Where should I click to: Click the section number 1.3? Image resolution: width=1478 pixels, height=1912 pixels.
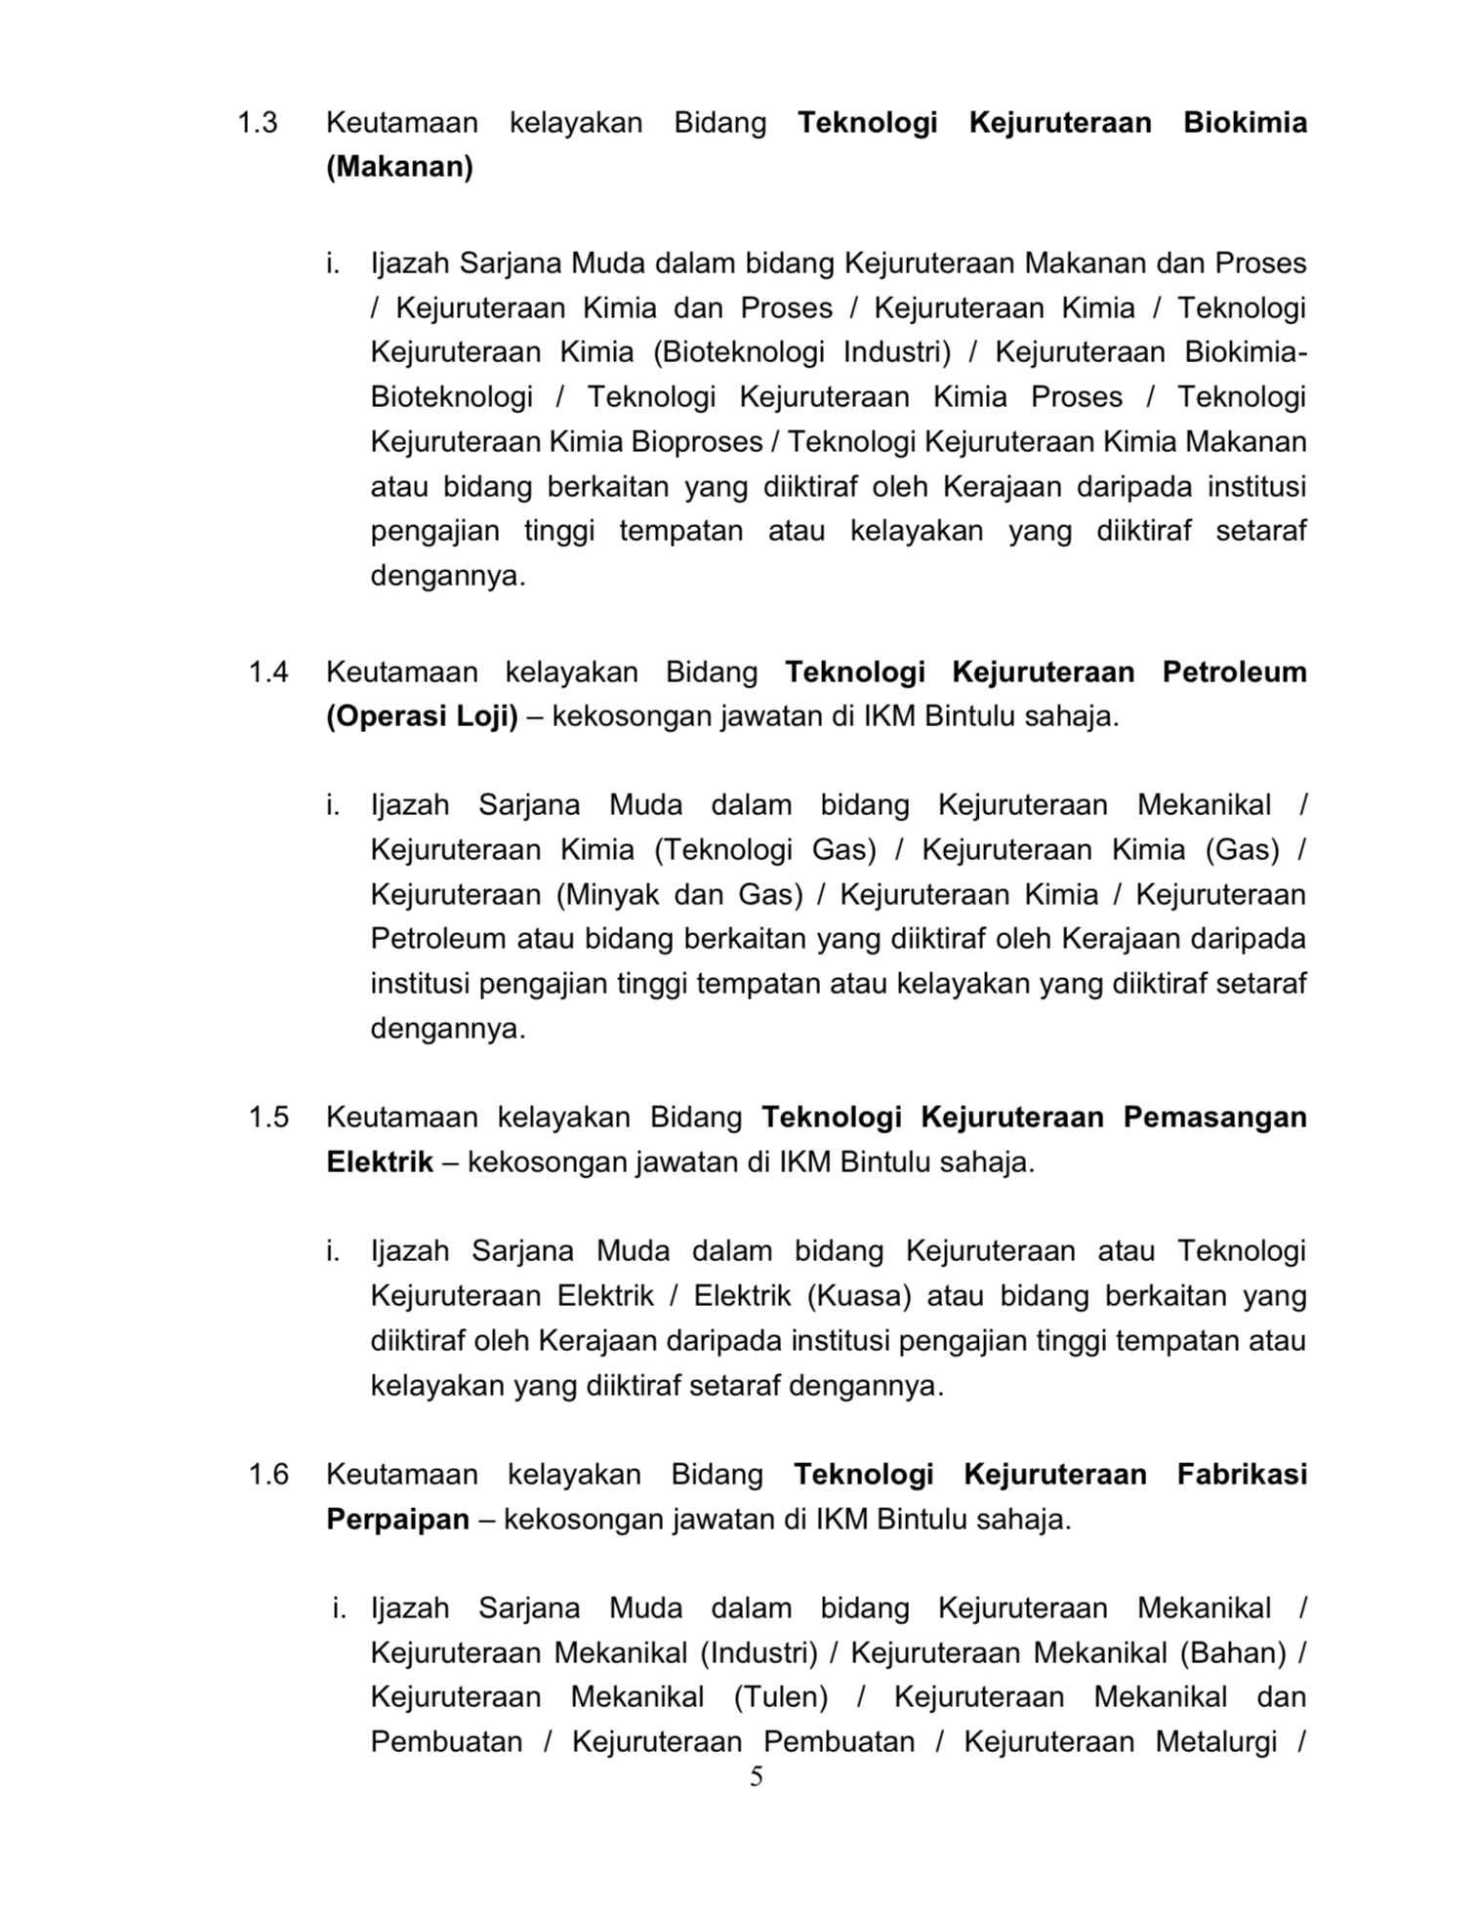pyautogui.click(x=258, y=123)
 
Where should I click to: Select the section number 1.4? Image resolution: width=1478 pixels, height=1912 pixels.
pyautogui.click(x=268, y=672)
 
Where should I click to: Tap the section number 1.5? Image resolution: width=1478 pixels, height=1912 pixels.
pyautogui.click(x=268, y=1118)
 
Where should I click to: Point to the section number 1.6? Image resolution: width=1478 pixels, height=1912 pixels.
pyautogui.click(x=268, y=1474)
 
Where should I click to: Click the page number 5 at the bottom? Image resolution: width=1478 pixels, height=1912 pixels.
pyautogui.click(x=756, y=1777)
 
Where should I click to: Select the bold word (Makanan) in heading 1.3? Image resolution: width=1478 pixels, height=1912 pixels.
pyautogui.click(x=399, y=168)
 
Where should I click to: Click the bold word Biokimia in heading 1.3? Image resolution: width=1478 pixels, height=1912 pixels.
pyautogui.click(x=1245, y=123)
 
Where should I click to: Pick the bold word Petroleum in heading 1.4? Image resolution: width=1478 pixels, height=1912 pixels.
pyautogui.click(x=1234, y=672)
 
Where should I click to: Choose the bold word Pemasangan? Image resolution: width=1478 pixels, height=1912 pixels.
pyautogui.click(x=1214, y=1118)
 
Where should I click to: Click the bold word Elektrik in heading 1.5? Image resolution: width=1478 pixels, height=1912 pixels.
pyautogui.click(x=380, y=1162)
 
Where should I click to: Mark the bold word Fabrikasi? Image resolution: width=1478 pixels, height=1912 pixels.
pyautogui.click(x=1242, y=1474)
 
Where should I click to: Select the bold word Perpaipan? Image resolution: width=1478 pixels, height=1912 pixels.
pyautogui.click(x=397, y=1520)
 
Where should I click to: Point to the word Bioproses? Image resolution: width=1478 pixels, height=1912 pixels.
pyautogui.click(x=696, y=442)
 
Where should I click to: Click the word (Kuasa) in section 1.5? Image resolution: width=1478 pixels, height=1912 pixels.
pyautogui.click(x=859, y=1296)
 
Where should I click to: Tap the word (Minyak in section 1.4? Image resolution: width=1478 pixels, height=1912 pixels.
pyautogui.click(x=613, y=895)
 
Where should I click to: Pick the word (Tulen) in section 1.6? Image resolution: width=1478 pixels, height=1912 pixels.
pyautogui.click(x=780, y=1697)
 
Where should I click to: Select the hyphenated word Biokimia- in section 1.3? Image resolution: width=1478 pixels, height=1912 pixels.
pyautogui.click(x=1246, y=352)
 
